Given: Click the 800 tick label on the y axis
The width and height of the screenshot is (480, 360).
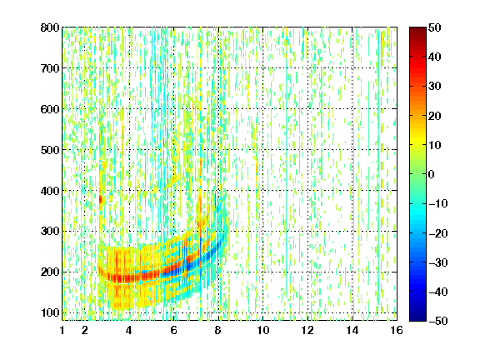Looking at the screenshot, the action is pyautogui.click(x=50, y=27).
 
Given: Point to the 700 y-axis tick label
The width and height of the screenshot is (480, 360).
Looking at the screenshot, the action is pyautogui.click(x=50, y=68).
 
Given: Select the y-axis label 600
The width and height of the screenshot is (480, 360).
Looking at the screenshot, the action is pyautogui.click(x=50, y=109).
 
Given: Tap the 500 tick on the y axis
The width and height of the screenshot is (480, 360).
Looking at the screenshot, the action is pyautogui.click(x=50, y=150).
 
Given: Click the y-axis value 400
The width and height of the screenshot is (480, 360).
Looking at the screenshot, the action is pyautogui.click(x=50, y=191).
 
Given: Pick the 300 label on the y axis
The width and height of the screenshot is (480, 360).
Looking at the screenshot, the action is pyautogui.click(x=50, y=231).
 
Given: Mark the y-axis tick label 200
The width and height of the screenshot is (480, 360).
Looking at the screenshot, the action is pyautogui.click(x=50, y=272).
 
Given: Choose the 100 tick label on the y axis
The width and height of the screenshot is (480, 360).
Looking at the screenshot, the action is pyautogui.click(x=50, y=312).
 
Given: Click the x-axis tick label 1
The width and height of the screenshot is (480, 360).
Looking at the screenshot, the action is pyautogui.click(x=62, y=330).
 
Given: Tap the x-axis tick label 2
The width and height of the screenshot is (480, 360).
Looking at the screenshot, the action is pyautogui.click(x=85, y=330).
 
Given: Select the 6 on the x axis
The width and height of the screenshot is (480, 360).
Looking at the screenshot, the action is pyautogui.click(x=174, y=330).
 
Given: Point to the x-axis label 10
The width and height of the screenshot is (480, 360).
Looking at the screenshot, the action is pyautogui.click(x=263, y=330).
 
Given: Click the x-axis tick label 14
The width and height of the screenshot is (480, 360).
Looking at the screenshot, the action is pyautogui.click(x=352, y=330).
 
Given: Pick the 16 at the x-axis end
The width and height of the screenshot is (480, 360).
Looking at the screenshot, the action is pyautogui.click(x=397, y=330).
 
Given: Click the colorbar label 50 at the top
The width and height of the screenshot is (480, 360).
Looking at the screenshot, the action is pyautogui.click(x=434, y=27).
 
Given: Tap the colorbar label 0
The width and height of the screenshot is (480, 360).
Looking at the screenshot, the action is pyautogui.click(x=431, y=174).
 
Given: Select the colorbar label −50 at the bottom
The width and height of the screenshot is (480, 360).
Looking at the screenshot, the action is pyautogui.click(x=438, y=321).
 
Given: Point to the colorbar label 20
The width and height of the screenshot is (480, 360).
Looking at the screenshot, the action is pyautogui.click(x=434, y=116).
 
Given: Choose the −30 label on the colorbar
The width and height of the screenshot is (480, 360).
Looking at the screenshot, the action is pyautogui.click(x=438, y=262).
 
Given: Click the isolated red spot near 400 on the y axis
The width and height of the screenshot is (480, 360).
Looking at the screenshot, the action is pyautogui.click(x=100, y=200).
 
